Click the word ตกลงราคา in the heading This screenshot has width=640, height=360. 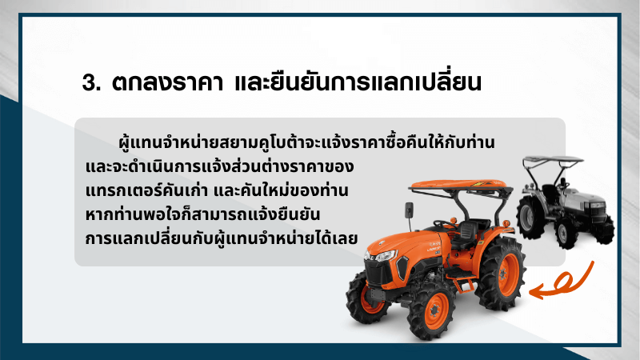(168, 82)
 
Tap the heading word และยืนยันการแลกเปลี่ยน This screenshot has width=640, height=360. (358, 80)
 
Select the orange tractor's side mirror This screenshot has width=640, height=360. (409, 210)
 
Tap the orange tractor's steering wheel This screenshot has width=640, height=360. (444, 224)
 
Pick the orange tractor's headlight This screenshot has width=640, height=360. (385, 256)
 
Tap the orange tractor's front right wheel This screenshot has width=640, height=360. (433, 310)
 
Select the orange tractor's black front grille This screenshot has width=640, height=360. (378, 272)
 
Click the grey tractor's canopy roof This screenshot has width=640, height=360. (553, 158)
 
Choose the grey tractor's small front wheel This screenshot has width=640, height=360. (566, 233)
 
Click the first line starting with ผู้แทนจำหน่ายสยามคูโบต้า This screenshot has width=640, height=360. (306, 142)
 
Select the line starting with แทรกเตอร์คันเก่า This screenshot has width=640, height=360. (217, 190)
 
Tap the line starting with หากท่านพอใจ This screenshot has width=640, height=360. (203, 214)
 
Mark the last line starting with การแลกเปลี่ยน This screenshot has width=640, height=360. (222, 238)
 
